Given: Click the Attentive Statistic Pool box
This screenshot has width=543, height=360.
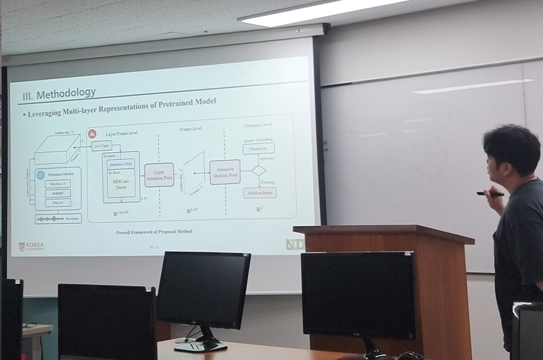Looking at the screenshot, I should pos(225,172).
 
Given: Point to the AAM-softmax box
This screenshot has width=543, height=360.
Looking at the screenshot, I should pos(260,193).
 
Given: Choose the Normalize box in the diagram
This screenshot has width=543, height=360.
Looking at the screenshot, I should pos(258,148).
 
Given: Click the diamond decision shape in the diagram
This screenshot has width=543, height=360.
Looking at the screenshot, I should pos(259,170).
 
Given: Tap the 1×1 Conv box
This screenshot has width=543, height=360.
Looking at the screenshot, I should pos(101,146).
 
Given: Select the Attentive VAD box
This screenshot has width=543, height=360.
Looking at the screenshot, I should pos(121,163).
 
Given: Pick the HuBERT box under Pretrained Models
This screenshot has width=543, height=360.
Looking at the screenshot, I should pos(58,193).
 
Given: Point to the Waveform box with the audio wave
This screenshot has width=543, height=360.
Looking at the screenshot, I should pos(58,219).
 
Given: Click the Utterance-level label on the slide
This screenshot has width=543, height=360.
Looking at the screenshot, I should pos(258,124).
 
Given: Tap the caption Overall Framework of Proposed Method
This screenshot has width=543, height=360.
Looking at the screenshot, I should pos(154,232).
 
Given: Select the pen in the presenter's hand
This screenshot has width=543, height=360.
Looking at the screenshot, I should pos(490,194).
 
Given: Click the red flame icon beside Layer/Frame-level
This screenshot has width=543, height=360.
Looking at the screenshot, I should pos(92,134).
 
